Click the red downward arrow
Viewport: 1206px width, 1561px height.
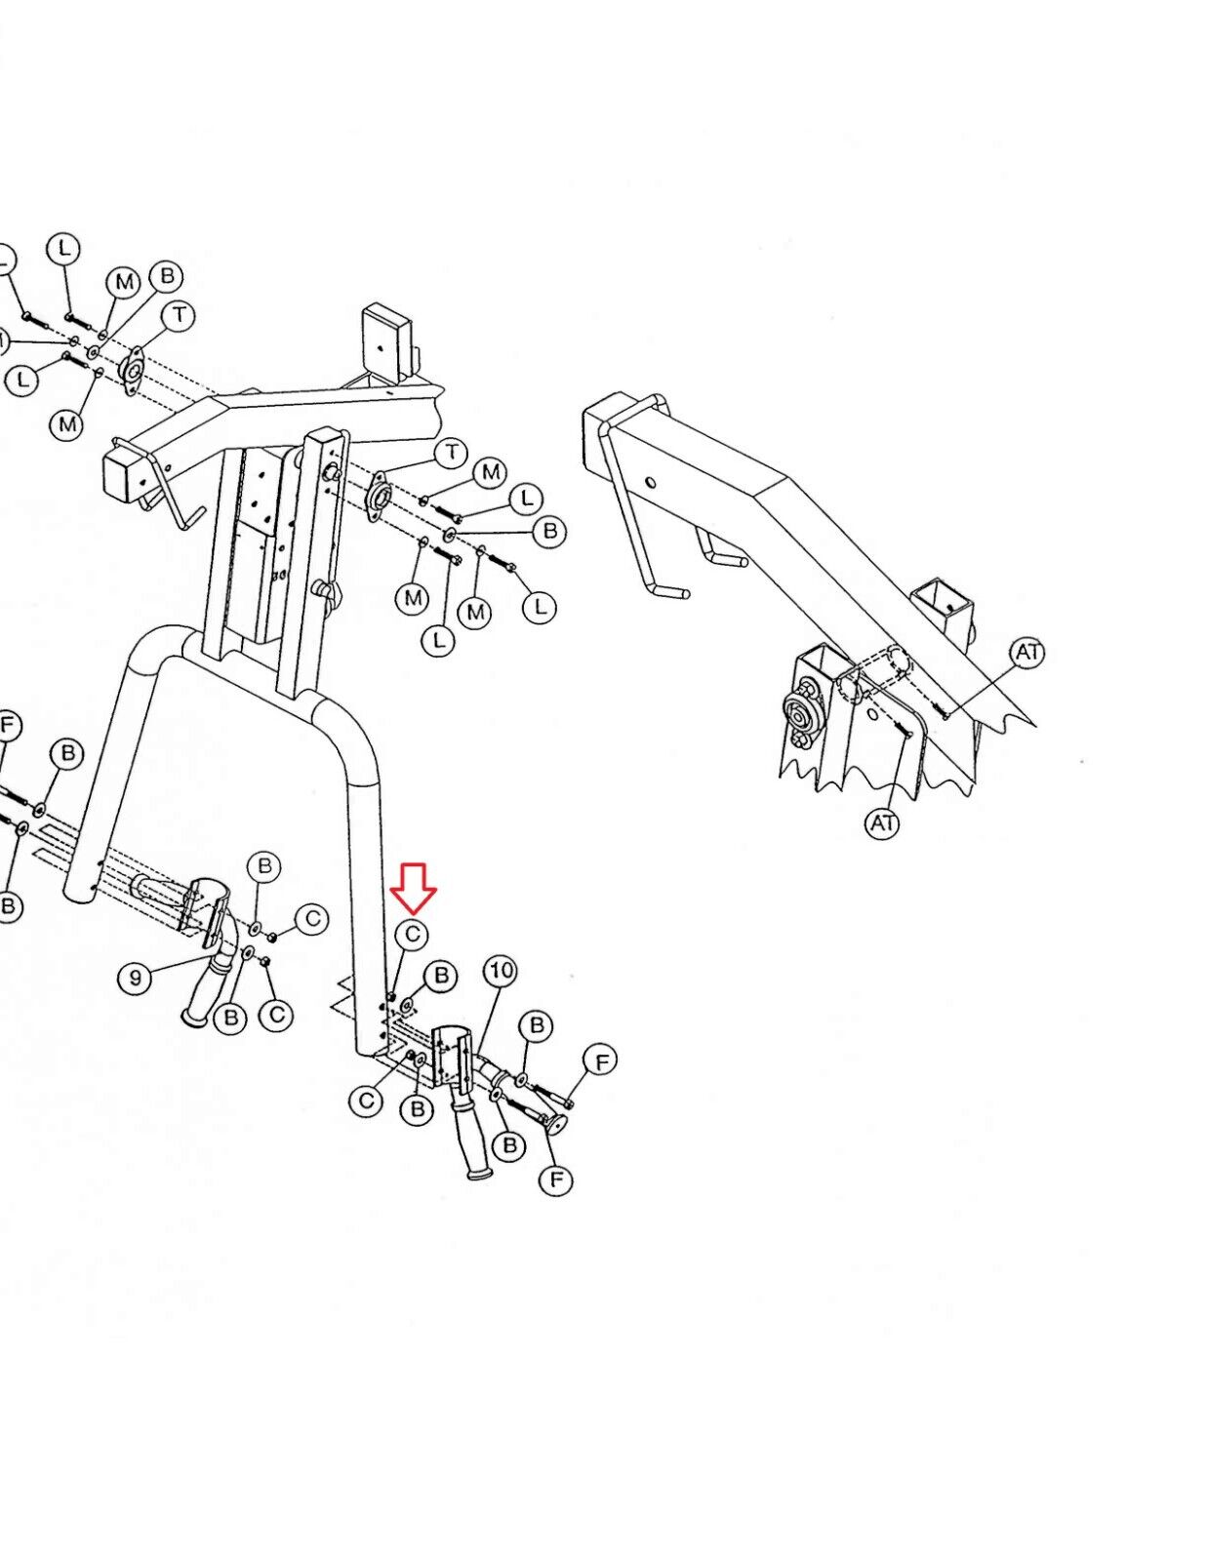pos(413,885)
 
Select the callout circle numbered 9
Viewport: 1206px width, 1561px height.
pos(136,977)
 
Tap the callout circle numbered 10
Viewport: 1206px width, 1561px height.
pos(501,971)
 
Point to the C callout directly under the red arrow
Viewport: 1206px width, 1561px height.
pos(412,935)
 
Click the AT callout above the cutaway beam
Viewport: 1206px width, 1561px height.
pos(1027,652)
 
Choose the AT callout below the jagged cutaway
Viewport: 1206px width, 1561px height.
pos(882,823)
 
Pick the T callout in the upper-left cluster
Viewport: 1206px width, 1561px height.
pos(180,315)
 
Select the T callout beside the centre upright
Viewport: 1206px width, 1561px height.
pos(451,454)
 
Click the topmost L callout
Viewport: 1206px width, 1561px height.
pos(64,249)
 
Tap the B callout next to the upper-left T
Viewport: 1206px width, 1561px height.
pos(167,276)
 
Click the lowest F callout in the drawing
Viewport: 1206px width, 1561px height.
pos(555,1181)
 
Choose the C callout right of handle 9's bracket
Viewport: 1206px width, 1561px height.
pos(312,919)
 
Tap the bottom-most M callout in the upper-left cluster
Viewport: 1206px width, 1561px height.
pos(67,424)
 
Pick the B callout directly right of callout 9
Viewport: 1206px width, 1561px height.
pos(231,1018)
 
